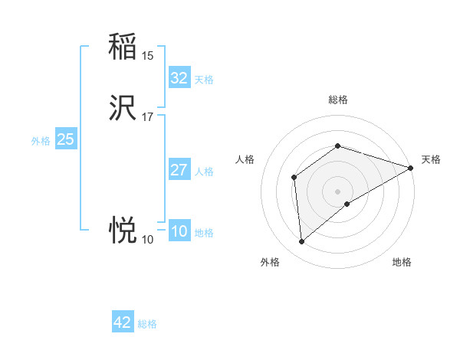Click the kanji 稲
click(123, 47)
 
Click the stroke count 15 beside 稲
click(148, 55)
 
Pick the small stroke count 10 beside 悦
click(147, 240)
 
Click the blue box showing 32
click(179, 78)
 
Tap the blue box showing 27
click(179, 170)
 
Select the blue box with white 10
click(179, 231)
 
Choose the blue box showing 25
click(66, 139)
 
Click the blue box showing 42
click(123, 322)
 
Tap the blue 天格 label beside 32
click(204, 80)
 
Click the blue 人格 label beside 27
click(204, 172)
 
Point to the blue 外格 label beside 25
click(41, 141)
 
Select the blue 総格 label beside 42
click(147, 324)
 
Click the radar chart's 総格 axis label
click(337, 100)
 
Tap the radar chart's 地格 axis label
click(402, 262)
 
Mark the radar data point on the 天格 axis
click(411, 168)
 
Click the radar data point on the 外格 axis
click(302, 241)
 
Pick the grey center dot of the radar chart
click(337, 191)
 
